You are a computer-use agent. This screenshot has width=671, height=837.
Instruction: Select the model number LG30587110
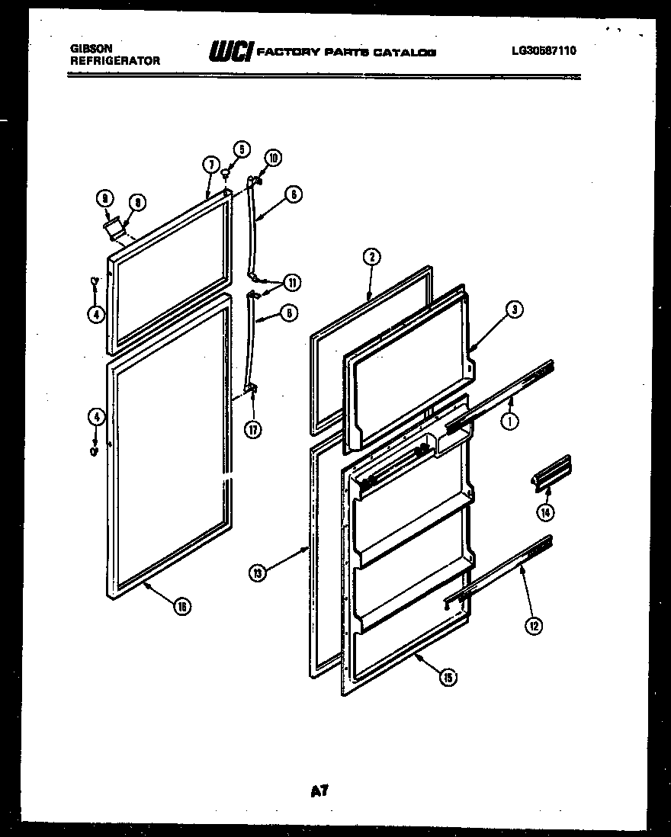pos(544,51)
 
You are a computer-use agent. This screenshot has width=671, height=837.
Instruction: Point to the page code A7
pos(319,792)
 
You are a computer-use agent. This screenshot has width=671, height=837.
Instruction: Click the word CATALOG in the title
pos(408,53)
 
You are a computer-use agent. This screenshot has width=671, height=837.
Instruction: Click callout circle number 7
pos(211,164)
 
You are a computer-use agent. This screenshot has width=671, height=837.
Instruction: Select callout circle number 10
pos(272,158)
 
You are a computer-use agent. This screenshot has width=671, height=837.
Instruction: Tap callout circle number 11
pos(292,282)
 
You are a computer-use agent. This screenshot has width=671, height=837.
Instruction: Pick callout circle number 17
pos(253,428)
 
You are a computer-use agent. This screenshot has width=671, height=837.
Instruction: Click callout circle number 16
pos(181,607)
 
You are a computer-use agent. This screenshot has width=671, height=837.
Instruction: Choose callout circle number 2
pos(370,257)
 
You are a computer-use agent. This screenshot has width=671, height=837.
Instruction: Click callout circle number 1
pos(510,418)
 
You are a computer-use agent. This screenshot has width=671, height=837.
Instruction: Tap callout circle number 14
pos(545,512)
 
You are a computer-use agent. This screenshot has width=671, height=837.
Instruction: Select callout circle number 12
pos(534,626)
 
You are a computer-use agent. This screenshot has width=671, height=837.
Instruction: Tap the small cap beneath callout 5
pos(226,175)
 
